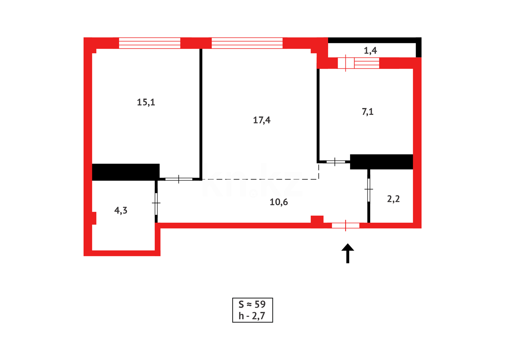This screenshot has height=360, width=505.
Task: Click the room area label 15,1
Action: point(146,102)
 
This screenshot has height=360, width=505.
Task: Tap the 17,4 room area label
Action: point(261,120)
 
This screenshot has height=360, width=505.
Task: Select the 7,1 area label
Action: point(367,112)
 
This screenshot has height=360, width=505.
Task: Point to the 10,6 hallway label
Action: point(278,202)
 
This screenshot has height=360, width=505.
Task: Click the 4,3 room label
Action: point(121,210)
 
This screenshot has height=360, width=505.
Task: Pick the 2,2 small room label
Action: point(393,199)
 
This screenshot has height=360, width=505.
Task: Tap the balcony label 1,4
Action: point(370,50)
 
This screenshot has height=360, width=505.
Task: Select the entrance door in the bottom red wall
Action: point(345,226)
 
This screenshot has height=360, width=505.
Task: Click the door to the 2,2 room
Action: point(368,190)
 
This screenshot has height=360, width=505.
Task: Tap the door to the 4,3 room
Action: point(156,203)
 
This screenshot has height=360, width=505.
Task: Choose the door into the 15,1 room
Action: point(179,179)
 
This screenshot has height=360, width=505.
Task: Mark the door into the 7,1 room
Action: point(335,162)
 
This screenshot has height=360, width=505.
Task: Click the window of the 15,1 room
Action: point(150,43)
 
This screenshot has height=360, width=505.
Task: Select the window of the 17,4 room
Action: point(247,43)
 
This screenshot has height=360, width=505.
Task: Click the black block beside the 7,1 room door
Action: point(381,162)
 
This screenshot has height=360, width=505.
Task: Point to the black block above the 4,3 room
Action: point(126,172)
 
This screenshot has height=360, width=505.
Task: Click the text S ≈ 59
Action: point(252,304)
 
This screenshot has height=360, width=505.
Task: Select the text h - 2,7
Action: point(252,316)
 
